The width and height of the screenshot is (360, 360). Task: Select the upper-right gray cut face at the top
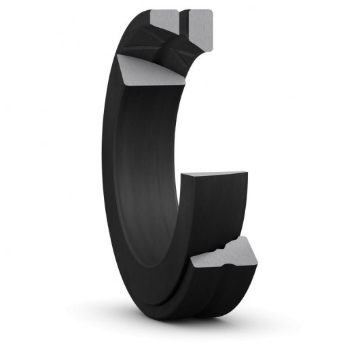point(201,21)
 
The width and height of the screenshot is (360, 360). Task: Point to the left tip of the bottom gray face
point(192,261)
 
